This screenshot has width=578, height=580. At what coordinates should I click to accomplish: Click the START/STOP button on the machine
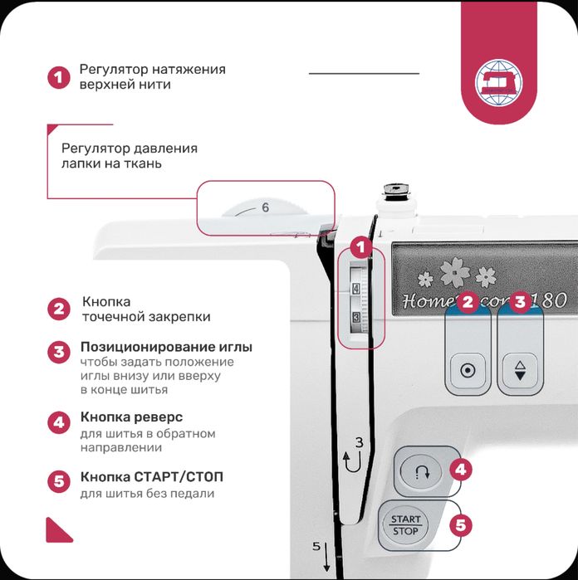(405, 525)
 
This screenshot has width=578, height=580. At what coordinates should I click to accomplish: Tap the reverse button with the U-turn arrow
(421, 472)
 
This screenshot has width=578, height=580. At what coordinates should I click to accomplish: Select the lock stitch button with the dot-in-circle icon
(468, 370)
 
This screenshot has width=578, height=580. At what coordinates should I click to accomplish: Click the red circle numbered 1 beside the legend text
(58, 78)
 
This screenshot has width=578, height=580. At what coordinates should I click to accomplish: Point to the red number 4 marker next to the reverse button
(461, 470)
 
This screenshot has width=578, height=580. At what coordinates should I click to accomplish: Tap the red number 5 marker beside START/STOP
(461, 525)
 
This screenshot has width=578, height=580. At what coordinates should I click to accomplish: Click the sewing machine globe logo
(499, 83)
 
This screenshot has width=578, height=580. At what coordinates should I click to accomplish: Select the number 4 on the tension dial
(355, 289)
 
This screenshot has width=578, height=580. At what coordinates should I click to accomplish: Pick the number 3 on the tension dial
(356, 317)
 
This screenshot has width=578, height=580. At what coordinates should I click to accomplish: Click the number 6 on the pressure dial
(265, 207)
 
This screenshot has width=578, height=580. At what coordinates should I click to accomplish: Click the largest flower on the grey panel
(455, 272)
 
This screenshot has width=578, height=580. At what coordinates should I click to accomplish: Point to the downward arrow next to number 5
(326, 557)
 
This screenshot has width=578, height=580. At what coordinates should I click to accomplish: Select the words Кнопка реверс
(131, 417)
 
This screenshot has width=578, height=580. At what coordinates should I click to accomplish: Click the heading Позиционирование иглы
(166, 347)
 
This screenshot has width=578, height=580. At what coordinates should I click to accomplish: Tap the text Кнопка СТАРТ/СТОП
(152, 477)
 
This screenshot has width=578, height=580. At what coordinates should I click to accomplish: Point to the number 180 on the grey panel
(551, 300)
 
